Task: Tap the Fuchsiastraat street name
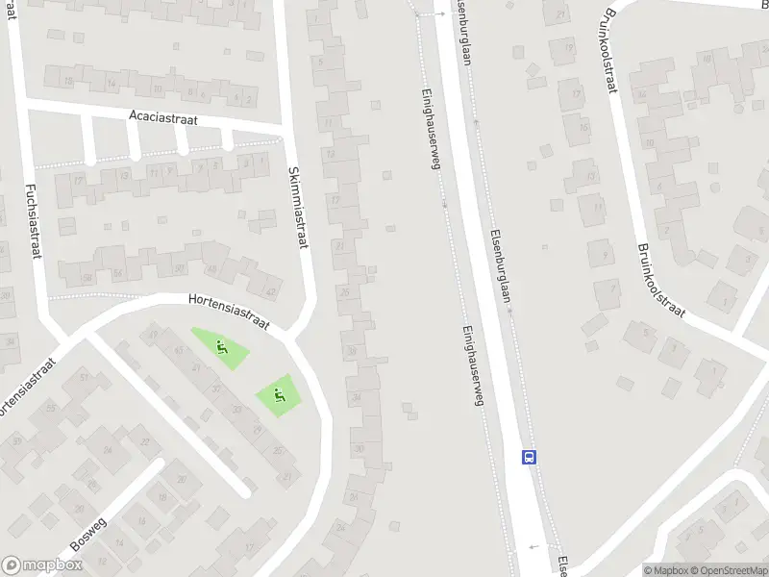(32, 216)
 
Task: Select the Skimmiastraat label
(297, 208)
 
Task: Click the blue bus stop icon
(528, 457)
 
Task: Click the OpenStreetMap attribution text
(725, 570)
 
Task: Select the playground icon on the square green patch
(279, 393)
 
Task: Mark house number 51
(84, 378)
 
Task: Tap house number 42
(271, 292)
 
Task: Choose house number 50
(178, 268)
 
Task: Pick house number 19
(575, 93)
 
